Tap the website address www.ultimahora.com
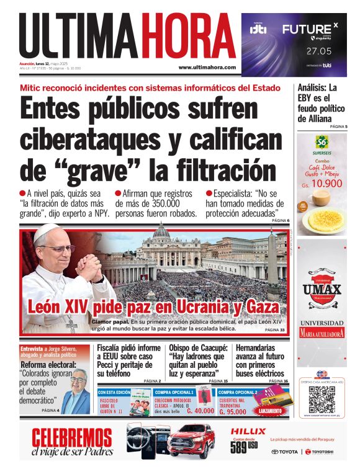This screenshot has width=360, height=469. tap(207, 67)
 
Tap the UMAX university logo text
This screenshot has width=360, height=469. tap(322, 290)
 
